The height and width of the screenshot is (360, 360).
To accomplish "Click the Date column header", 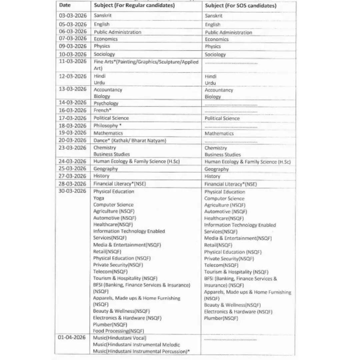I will [65, 5].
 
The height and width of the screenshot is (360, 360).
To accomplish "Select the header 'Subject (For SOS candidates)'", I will [240, 6].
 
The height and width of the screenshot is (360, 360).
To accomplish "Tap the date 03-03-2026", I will [72, 15].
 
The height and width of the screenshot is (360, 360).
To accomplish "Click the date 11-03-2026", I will [72, 61].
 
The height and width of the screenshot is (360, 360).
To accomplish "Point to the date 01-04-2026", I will [72, 337].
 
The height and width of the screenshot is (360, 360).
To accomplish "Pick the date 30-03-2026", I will [72, 191].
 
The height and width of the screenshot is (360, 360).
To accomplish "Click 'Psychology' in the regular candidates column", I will [106, 103].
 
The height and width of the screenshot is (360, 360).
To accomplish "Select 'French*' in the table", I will [102, 110].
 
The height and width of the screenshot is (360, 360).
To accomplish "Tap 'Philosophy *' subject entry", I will [107, 126].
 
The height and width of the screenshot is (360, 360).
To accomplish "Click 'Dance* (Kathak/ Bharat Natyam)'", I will [130, 141].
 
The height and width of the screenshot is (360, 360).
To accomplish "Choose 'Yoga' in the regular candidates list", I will [98, 198].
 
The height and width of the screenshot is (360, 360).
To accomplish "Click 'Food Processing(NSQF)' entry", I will [118, 331].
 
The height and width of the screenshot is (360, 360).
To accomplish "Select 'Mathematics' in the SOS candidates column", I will [219, 133].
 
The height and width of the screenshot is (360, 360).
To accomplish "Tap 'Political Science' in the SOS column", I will [222, 118].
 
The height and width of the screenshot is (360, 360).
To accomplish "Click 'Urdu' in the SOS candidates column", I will [210, 83].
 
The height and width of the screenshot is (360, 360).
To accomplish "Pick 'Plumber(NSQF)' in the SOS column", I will [221, 318].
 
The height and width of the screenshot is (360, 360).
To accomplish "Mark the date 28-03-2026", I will [72, 184].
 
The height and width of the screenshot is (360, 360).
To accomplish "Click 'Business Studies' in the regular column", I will [111, 154].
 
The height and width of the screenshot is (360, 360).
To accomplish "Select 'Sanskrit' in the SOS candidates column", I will [214, 16].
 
